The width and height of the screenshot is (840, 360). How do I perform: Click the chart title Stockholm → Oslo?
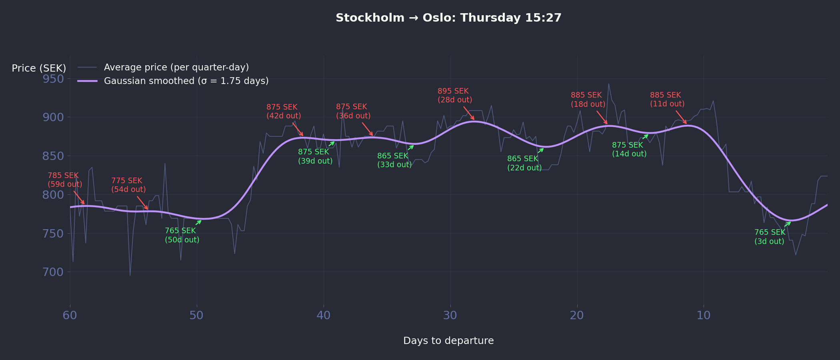[448, 18]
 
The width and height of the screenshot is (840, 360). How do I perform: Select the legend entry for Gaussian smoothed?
[186, 81]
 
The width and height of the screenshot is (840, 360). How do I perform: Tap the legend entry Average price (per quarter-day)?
[176, 67]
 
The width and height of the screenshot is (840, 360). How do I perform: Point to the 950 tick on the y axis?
[53, 79]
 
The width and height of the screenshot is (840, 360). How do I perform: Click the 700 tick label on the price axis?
[53, 272]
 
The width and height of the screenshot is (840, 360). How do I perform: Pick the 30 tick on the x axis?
[450, 315]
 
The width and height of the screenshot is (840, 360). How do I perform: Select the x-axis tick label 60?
[70, 315]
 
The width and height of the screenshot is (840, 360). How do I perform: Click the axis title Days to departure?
[448, 341]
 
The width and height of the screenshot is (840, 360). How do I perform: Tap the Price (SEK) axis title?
[39, 68]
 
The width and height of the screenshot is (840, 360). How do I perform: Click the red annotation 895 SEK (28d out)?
[455, 96]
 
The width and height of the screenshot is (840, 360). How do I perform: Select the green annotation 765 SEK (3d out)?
[770, 237]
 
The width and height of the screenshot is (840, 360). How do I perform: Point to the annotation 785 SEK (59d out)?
[65, 180]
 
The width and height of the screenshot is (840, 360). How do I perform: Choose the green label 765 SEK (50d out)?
[182, 235]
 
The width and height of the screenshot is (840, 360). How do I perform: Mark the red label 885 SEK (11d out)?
[667, 100]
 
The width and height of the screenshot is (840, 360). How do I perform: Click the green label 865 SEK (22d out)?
[524, 163]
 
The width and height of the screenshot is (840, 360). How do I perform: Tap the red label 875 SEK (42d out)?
[284, 112]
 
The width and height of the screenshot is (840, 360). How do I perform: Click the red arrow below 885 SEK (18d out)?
[602, 118]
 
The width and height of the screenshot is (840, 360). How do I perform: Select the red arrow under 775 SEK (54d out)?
[142, 203]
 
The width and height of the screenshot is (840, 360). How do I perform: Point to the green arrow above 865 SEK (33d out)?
[411, 148]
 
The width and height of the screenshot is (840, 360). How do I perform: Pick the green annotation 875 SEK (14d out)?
[629, 150]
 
